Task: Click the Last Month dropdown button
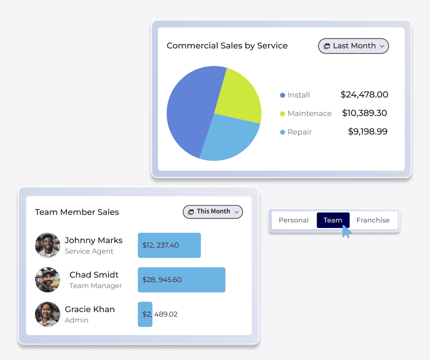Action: pos(353,46)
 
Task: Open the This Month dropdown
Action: pos(213,211)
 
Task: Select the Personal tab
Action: pos(294,220)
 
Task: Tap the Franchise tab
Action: pos(373,220)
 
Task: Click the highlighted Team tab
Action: pos(333,220)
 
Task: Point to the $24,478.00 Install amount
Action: pos(364,94)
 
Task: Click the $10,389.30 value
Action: pos(365,113)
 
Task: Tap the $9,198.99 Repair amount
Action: pos(368,131)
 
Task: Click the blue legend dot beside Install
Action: pos(283,95)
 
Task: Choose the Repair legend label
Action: pos(300,132)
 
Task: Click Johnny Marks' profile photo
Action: pos(47,245)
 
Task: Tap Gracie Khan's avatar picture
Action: pos(47,314)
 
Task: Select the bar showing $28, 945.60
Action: pos(181,279)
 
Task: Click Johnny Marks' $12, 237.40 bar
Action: pos(169,245)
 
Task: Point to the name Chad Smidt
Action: pos(94,274)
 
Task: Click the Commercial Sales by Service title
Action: pos(227,45)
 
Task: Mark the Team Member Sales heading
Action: pos(77,212)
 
